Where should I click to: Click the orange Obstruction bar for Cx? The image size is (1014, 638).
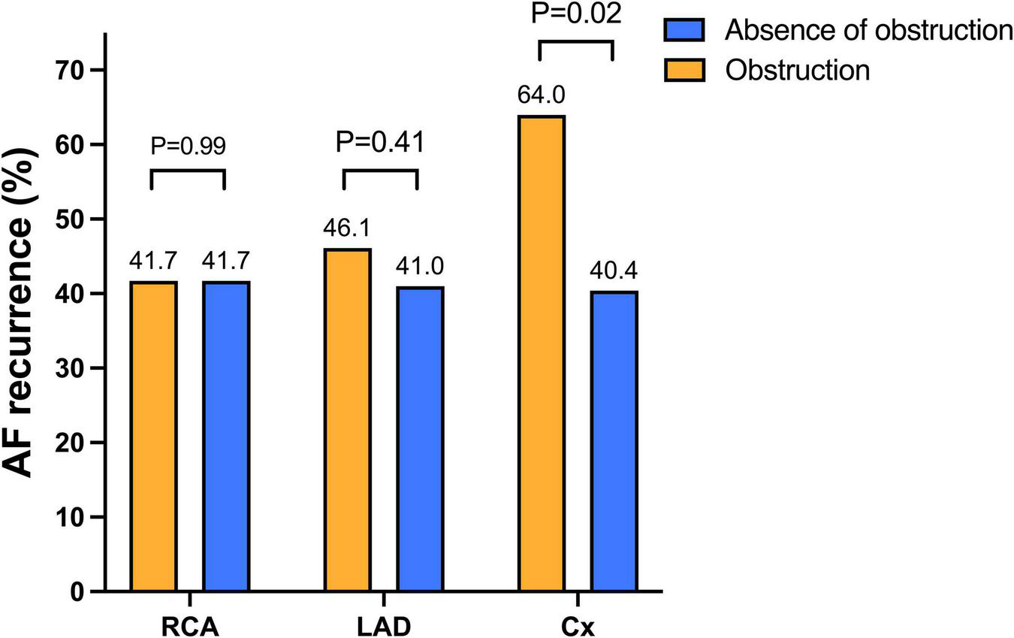click(x=541, y=353)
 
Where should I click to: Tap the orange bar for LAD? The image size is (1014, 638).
click(x=347, y=420)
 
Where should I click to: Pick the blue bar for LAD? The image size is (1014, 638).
click(x=420, y=439)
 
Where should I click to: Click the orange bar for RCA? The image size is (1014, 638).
click(x=153, y=437)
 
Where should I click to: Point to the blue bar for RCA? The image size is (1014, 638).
click(x=226, y=437)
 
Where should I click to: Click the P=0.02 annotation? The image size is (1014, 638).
click(x=576, y=14)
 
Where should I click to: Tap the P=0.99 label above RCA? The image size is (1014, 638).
click(x=188, y=146)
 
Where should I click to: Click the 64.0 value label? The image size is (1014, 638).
click(x=541, y=95)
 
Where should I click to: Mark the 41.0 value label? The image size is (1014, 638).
click(x=420, y=266)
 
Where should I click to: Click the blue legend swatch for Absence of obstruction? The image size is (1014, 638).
click(x=684, y=30)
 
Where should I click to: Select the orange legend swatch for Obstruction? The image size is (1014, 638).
click(x=684, y=70)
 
